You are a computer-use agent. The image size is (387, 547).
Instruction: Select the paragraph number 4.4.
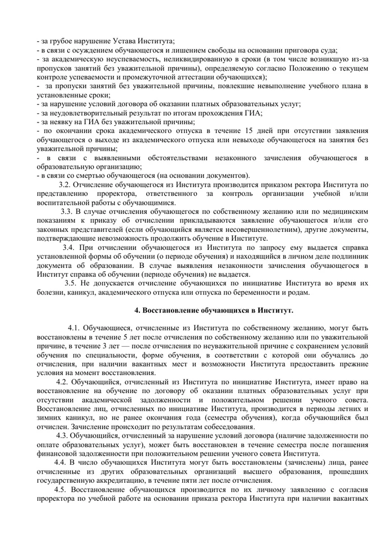[60, 463]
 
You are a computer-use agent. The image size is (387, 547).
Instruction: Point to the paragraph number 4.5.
[60, 490]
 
